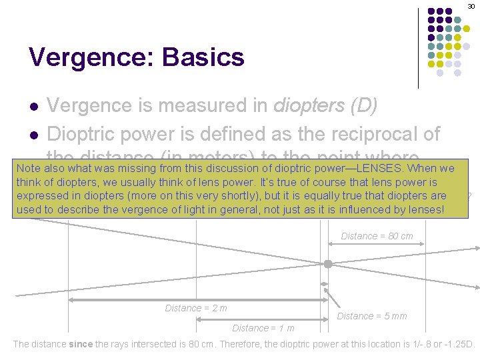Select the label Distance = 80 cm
377,236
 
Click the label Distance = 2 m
196,308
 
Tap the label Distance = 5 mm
372,316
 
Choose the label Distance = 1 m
263,328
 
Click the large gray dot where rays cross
328,264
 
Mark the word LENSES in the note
387,168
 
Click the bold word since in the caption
81,345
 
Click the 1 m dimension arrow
260,319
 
